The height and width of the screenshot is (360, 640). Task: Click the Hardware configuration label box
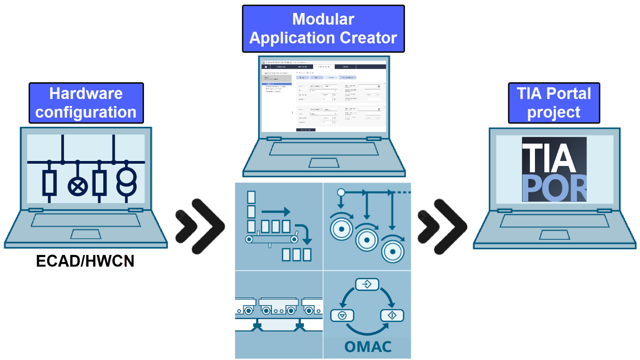pyautogui.click(x=86, y=103)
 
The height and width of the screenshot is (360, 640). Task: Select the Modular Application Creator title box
pyautogui.click(x=323, y=29)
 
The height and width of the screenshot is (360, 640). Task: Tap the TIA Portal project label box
pyautogui.click(x=553, y=103)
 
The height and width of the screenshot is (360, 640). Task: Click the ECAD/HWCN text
pyautogui.click(x=85, y=261)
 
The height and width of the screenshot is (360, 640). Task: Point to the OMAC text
pyautogui.click(x=368, y=347)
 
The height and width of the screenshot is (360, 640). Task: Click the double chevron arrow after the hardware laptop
pyautogui.click(x=199, y=225)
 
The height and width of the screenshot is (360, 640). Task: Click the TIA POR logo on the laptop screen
pyautogui.click(x=554, y=169)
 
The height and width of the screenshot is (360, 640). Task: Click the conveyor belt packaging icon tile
pyautogui.click(x=278, y=226)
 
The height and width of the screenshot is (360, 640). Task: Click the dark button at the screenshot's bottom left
pyautogui.click(x=306, y=130)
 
